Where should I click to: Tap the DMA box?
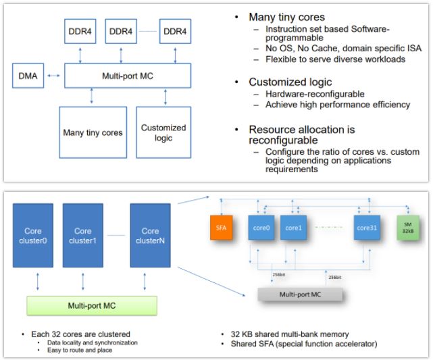tap(28, 75)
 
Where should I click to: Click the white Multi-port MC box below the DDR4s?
tap(128, 75)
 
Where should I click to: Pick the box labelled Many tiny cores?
tap(93, 132)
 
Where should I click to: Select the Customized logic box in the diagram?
tap(163, 132)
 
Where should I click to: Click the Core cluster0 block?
tap(34, 236)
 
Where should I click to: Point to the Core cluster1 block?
tap(82, 236)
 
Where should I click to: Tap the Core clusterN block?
tap(150, 236)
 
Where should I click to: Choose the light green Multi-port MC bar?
tap(91, 305)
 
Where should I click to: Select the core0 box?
tap(262, 228)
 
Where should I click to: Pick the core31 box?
tap(367, 228)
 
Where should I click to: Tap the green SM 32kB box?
tap(410, 227)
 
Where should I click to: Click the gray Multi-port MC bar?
tap(301, 294)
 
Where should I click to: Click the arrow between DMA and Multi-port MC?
tap(54, 75)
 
